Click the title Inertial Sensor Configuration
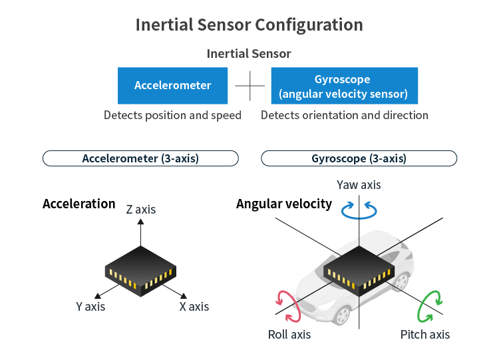click(x=249, y=25)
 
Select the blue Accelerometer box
click(x=172, y=86)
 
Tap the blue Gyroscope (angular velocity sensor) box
click(x=345, y=86)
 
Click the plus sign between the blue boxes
click(x=249, y=86)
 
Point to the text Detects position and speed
click(x=172, y=115)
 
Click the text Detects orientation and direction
click(x=345, y=115)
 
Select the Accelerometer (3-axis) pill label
click(x=140, y=158)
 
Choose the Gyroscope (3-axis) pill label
click(x=359, y=158)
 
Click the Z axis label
click(x=141, y=210)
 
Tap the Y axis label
click(x=90, y=307)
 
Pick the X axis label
click(x=194, y=307)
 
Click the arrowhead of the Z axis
click(x=140, y=222)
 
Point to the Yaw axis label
click(x=359, y=185)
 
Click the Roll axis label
click(x=289, y=335)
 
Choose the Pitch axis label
click(x=425, y=335)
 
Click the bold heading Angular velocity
click(x=284, y=204)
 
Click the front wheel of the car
click(x=343, y=315)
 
